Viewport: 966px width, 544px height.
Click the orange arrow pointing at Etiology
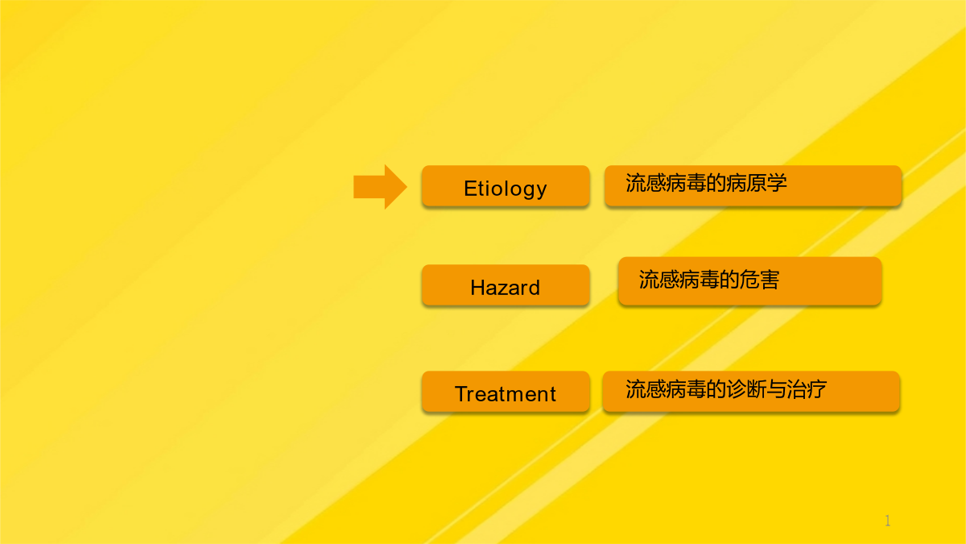380,187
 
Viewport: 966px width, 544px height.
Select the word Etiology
506,189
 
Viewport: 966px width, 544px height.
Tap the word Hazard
505,288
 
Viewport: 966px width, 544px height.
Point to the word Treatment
506,394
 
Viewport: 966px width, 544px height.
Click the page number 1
887,521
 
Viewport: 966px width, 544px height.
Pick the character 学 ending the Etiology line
778,183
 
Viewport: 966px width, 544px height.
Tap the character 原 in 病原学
758,183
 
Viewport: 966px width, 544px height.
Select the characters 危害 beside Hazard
759,280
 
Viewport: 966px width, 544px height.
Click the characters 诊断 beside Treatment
746,389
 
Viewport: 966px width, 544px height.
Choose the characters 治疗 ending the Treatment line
807,389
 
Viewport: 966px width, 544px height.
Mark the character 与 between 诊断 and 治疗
777,389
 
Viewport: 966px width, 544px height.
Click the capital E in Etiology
469,189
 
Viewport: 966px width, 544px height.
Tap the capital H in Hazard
477,288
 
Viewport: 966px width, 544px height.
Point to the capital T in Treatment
462,394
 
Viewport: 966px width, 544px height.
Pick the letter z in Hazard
506,289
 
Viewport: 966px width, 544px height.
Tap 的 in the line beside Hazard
729,280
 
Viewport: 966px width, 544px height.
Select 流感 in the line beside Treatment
646,389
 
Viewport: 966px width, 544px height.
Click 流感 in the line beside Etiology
646,183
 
